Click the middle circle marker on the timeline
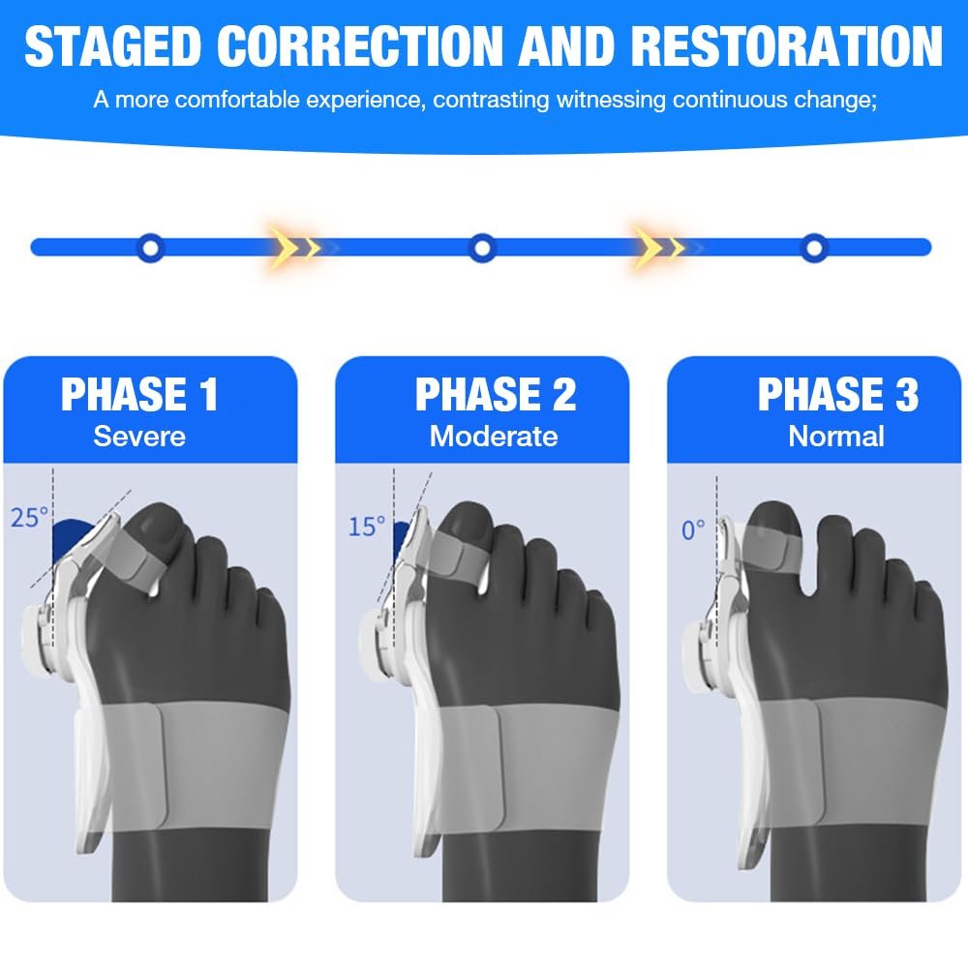click(x=481, y=248)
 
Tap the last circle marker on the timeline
click(x=814, y=248)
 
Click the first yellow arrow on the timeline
click(x=294, y=248)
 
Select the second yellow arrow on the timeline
click(x=659, y=248)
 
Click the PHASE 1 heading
click(x=140, y=395)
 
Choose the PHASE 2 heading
click(x=495, y=395)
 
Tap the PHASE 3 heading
click(x=837, y=395)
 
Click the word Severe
click(x=139, y=436)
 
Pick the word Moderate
click(x=494, y=436)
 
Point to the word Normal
click(x=836, y=436)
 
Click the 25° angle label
click(x=29, y=518)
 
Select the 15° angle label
click(x=366, y=527)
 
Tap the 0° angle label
click(x=693, y=530)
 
